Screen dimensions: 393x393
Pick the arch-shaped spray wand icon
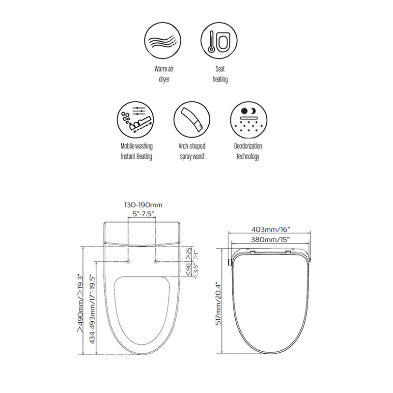coord(191,120)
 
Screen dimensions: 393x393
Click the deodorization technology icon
coord(247,120)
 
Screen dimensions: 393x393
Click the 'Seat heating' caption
coord(220,74)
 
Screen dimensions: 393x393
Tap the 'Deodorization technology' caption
coord(248,151)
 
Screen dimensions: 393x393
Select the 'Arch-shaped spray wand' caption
coord(192,151)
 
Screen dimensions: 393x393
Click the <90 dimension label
coord(188,268)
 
